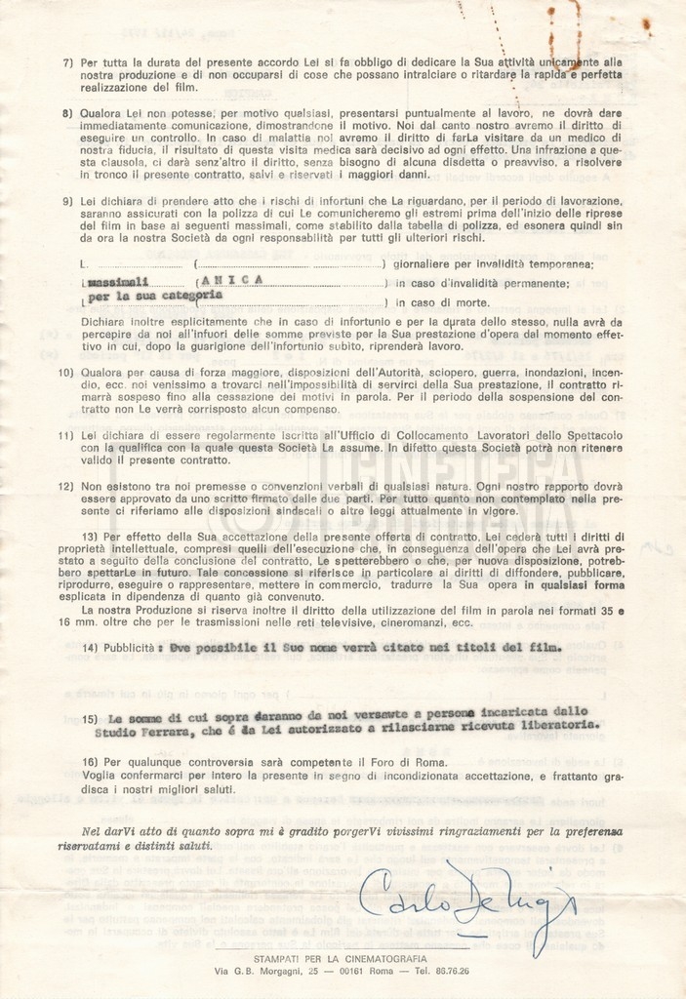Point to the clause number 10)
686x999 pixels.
(x=66, y=373)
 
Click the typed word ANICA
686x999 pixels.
(x=231, y=280)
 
